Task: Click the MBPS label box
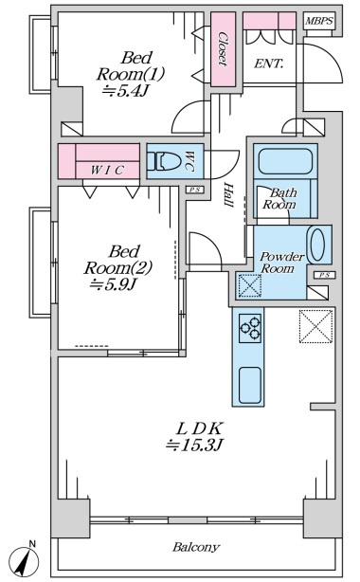(x=319, y=21)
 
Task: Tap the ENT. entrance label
(x=268, y=64)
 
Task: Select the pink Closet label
(x=223, y=49)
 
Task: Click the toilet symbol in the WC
(x=164, y=161)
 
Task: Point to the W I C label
(x=107, y=170)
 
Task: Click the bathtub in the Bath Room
(x=285, y=161)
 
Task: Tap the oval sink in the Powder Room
(x=317, y=245)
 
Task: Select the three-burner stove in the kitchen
(x=250, y=328)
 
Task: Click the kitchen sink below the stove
(x=250, y=385)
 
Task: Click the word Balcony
(x=196, y=547)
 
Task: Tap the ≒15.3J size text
(x=194, y=445)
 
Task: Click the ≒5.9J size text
(x=114, y=284)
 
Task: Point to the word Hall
(x=228, y=195)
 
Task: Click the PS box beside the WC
(x=195, y=190)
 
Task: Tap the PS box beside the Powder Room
(x=325, y=275)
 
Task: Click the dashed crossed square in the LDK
(x=315, y=327)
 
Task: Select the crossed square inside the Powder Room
(x=249, y=285)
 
